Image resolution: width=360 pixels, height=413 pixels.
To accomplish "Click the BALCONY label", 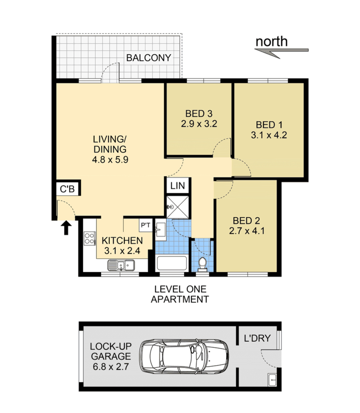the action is click(x=148, y=58).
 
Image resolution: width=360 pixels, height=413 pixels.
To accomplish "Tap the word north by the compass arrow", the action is click(x=272, y=41).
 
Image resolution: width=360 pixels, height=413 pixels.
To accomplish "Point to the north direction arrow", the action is click(x=281, y=52).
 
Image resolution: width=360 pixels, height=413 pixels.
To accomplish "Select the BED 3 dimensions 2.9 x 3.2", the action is click(x=199, y=124).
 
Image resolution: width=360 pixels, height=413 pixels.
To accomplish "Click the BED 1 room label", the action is click(x=269, y=124).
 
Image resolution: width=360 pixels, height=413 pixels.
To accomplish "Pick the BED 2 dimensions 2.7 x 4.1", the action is click(x=247, y=231).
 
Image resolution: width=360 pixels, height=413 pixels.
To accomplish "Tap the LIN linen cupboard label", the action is click(x=178, y=186).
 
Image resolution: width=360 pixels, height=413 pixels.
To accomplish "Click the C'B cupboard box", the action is click(x=67, y=189).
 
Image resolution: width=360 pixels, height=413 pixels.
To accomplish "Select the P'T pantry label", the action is click(x=146, y=225).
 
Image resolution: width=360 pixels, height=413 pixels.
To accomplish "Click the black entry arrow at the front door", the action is click(x=66, y=228).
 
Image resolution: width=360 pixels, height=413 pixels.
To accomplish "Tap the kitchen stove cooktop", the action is click(x=90, y=238).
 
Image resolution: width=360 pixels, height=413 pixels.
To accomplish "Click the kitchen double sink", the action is click(x=121, y=265).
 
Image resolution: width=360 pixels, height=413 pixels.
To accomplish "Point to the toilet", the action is click(x=202, y=264).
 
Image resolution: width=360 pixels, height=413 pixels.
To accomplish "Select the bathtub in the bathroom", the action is click(x=172, y=263).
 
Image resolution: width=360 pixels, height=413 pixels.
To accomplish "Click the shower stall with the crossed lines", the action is click(x=178, y=207).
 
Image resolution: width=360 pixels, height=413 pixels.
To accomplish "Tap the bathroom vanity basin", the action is click(x=160, y=230).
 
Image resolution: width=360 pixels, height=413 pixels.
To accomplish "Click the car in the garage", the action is click(x=184, y=356).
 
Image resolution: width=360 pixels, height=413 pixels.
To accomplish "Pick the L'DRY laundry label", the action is click(x=257, y=338).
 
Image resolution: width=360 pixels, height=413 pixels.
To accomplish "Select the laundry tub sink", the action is click(x=272, y=380).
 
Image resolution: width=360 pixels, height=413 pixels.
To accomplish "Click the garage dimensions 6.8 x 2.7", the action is click(x=111, y=366).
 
